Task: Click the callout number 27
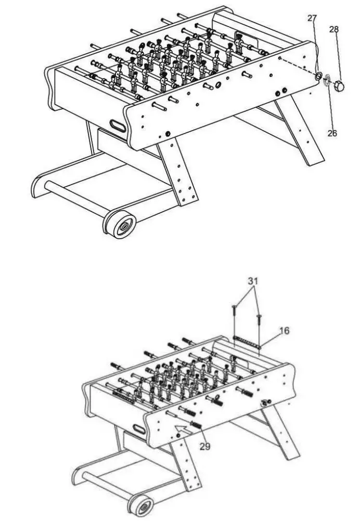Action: tap(312, 19)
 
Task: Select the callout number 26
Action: tap(332, 133)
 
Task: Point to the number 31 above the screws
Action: tap(253, 281)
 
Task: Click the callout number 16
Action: tap(284, 330)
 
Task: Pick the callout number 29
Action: tap(205, 446)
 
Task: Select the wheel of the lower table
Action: tap(144, 506)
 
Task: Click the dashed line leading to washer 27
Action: tap(297, 67)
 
